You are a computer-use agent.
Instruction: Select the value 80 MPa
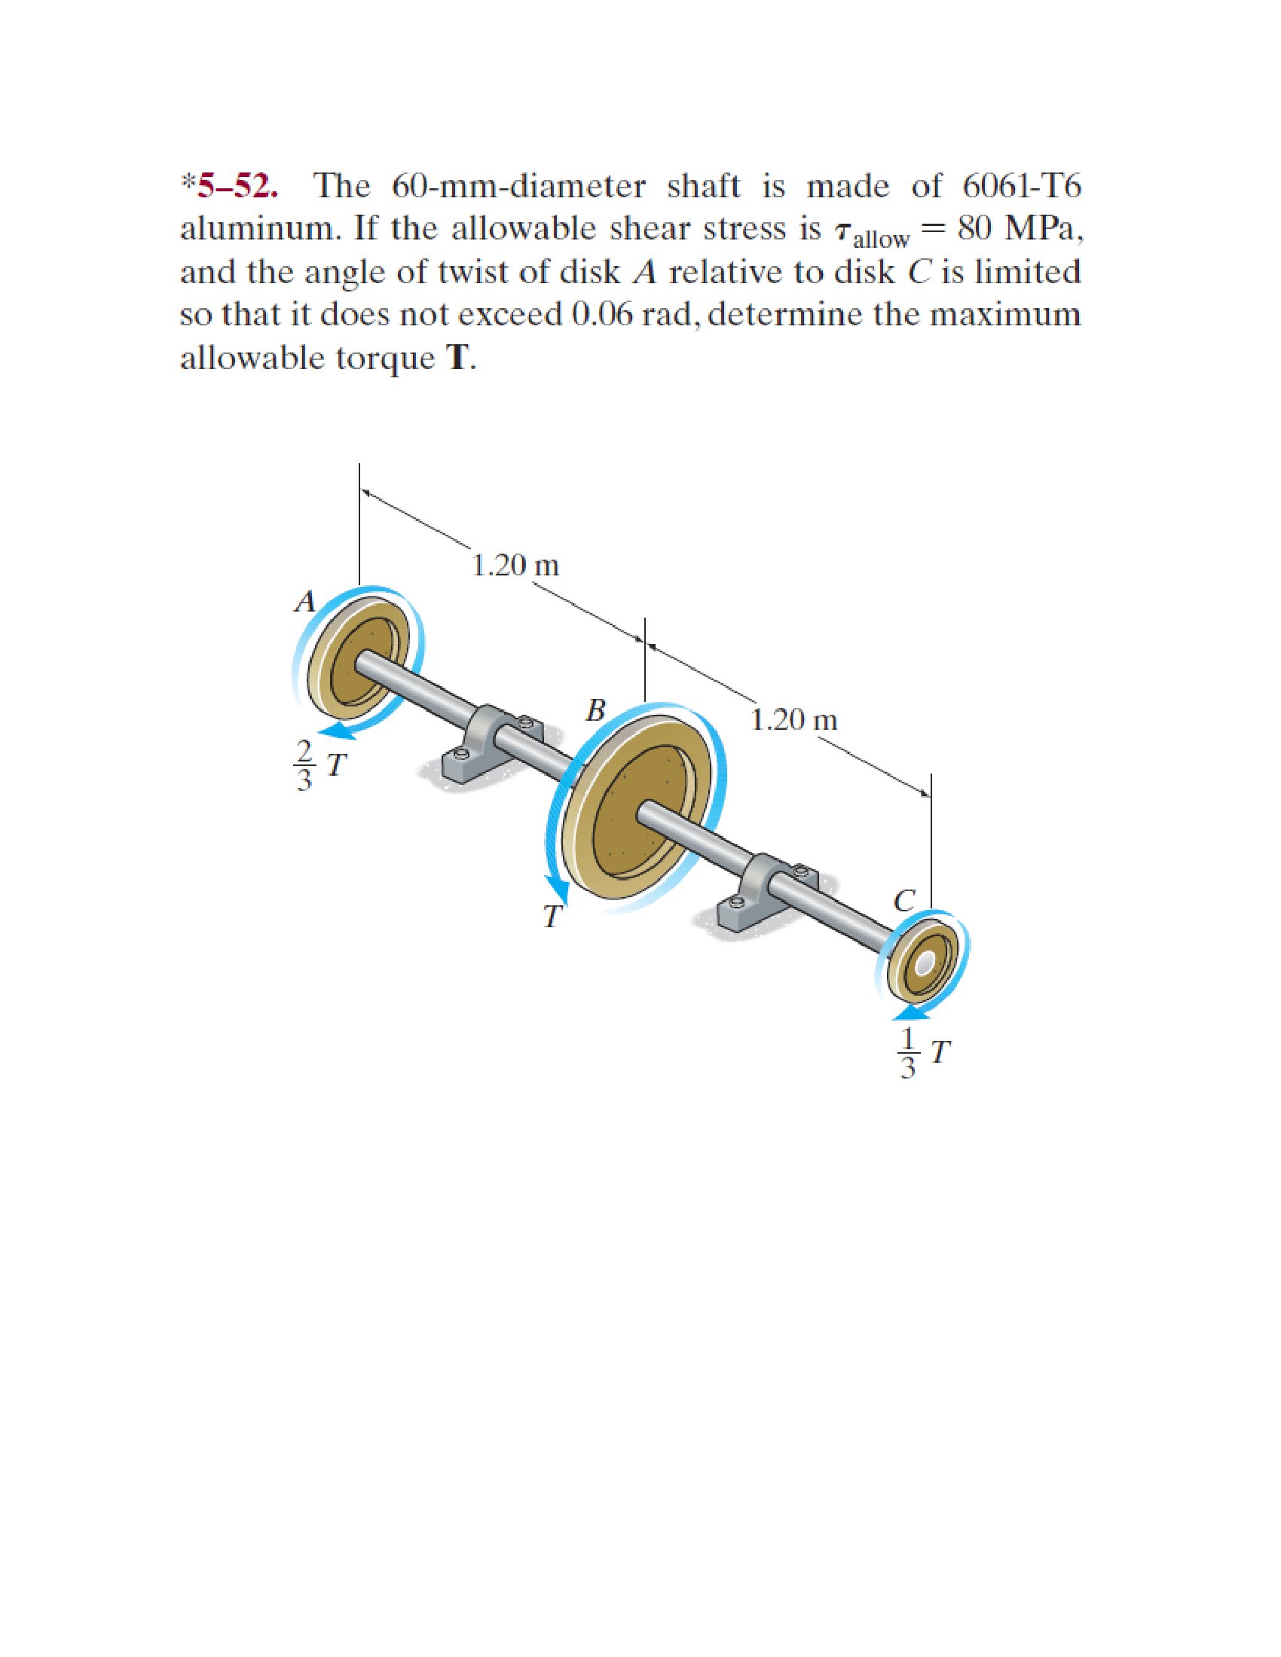coord(1020,228)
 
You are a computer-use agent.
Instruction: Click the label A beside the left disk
coord(305,602)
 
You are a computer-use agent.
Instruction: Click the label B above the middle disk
coord(597,710)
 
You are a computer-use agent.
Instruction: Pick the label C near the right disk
coord(903,900)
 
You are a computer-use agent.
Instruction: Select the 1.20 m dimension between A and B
coord(515,565)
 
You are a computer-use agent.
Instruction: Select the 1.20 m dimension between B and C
coord(794,719)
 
